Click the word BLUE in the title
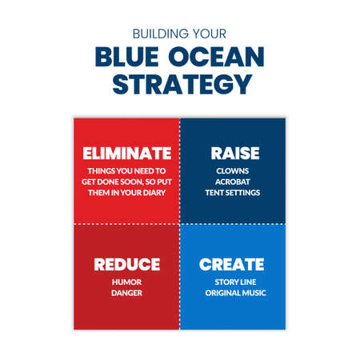[129, 58]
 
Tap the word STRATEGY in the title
[179, 83]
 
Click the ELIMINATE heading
[127, 153]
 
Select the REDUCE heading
[126, 264]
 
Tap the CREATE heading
[231, 264]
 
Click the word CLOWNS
[232, 170]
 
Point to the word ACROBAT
[232, 182]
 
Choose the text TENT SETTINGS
[232, 193]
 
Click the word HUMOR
[126, 282]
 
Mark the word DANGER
[126, 293]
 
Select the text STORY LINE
[232, 282]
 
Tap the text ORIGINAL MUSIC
[232, 293]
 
